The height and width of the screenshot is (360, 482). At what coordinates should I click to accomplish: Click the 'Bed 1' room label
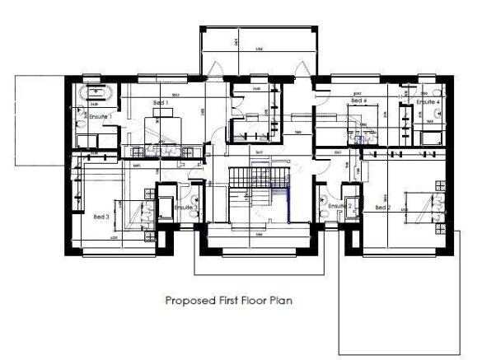click(x=161, y=102)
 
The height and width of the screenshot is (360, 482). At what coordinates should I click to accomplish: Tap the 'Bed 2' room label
click(x=383, y=208)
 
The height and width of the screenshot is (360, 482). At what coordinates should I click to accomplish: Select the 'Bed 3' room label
click(x=101, y=216)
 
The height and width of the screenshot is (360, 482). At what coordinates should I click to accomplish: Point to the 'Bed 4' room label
click(x=358, y=101)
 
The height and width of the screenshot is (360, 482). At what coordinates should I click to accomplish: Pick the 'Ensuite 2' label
click(x=341, y=205)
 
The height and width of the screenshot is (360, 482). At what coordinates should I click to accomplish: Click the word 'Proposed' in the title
click(x=185, y=302)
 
